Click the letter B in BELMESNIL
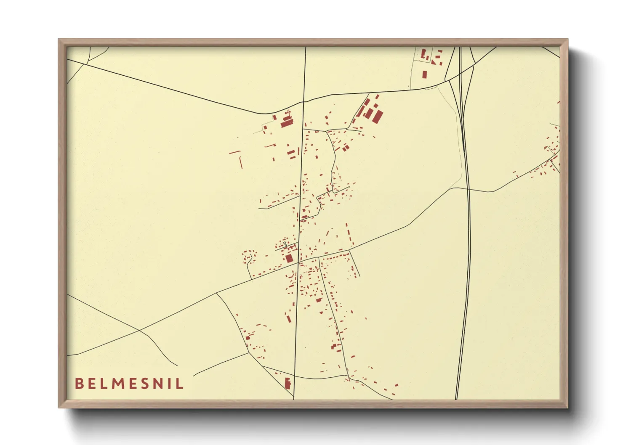click(79, 384)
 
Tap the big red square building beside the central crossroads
click(289, 258)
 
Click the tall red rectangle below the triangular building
click(424, 74)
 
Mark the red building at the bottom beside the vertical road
click(288, 383)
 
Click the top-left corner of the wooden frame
click(59, 40)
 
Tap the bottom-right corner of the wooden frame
click(567, 407)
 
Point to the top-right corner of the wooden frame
click(567, 40)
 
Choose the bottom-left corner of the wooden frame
click(59, 407)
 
